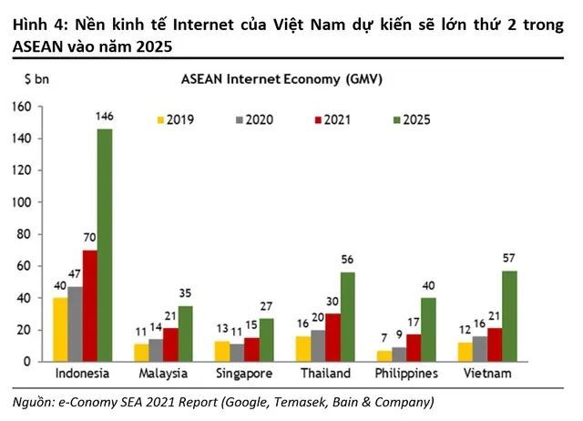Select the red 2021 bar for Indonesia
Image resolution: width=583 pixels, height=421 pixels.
pos(89,305)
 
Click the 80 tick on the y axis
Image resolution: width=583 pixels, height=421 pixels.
pos(23,234)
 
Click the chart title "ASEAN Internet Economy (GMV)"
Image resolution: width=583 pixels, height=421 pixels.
pos(282,80)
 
